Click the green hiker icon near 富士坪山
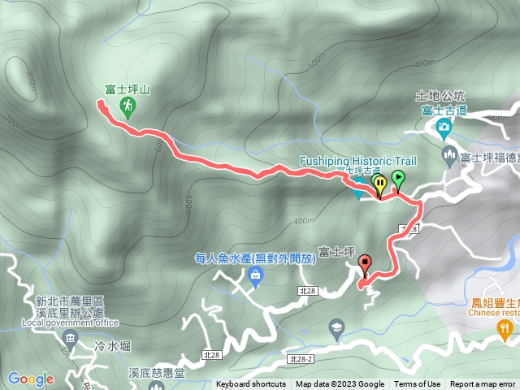click(128, 105)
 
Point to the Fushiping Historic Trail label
click(357, 160)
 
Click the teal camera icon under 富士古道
click(443, 126)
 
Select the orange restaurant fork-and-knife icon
click(505, 327)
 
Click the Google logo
click(30, 379)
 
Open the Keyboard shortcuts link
click(251, 384)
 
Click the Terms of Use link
click(417, 384)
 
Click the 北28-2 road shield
click(300, 358)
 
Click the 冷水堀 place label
click(112, 346)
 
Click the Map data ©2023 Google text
click(340, 384)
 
